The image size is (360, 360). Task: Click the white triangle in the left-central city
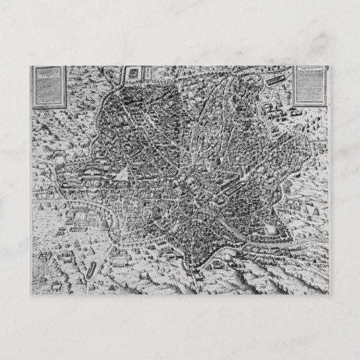[x=120, y=175]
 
